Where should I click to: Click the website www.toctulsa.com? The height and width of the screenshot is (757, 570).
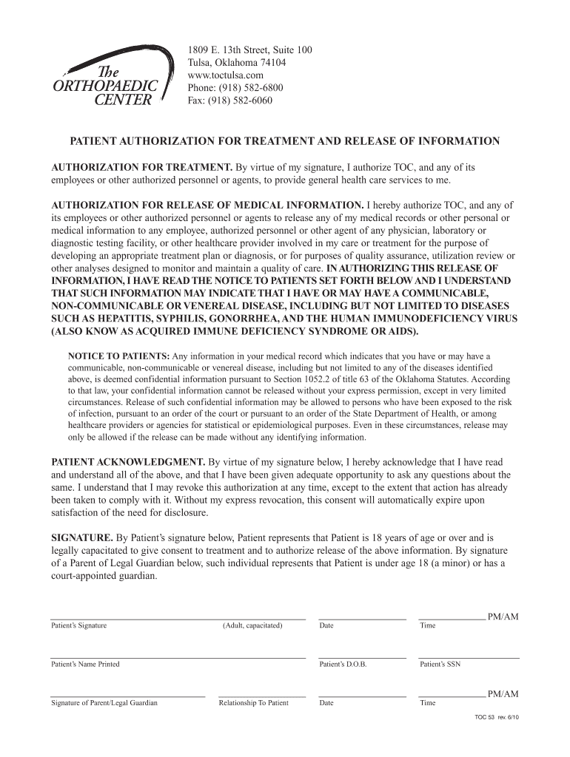pyautogui.click(x=226, y=75)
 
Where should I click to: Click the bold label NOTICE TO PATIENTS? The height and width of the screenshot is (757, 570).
pyautogui.click(x=118, y=356)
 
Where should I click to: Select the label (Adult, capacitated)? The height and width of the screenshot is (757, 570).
pyautogui.click(x=252, y=625)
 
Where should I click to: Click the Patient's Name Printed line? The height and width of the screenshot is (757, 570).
pyautogui.click(x=178, y=656)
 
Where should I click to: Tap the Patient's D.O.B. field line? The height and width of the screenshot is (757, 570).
pyautogui.click(x=362, y=656)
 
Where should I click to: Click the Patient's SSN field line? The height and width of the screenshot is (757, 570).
pyautogui.click(x=469, y=656)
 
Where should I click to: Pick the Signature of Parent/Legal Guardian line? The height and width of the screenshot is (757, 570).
pyautogui.click(x=127, y=696)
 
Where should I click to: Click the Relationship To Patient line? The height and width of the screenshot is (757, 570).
pyautogui.click(x=261, y=696)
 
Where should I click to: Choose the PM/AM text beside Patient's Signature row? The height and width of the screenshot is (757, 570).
pyautogui.click(x=503, y=616)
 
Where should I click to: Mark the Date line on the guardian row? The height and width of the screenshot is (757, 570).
pyautogui.click(x=362, y=696)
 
